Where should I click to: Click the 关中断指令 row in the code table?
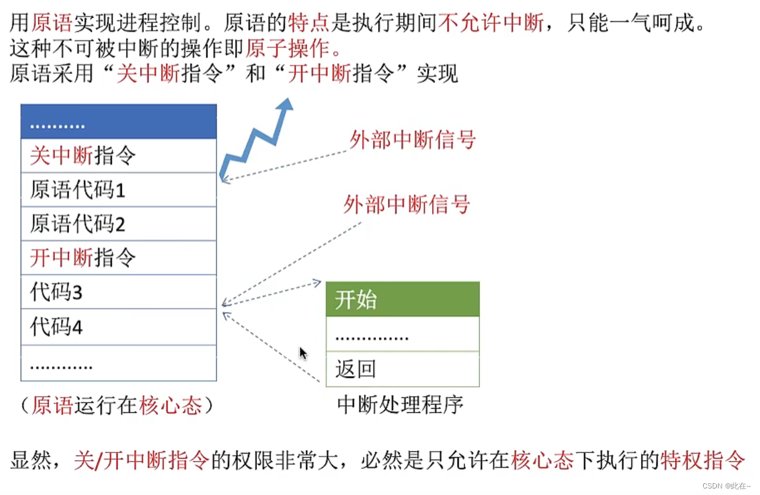tap(118, 156)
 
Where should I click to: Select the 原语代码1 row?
tap(118, 190)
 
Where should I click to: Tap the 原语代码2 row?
tap(118, 224)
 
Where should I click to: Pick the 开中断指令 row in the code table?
tap(118, 257)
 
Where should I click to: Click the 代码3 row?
tap(118, 292)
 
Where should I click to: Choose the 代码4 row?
tap(118, 326)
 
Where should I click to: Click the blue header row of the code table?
tap(118, 122)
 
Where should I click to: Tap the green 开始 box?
tap(402, 299)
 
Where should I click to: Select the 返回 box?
tap(402, 369)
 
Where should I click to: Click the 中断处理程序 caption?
tap(400, 405)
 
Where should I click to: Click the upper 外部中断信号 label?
tap(413, 140)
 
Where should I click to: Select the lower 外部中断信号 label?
tap(407, 205)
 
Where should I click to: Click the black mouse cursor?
tap(303, 354)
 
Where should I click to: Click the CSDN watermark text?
tap(726, 485)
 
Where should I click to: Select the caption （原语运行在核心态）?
tap(117, 406)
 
